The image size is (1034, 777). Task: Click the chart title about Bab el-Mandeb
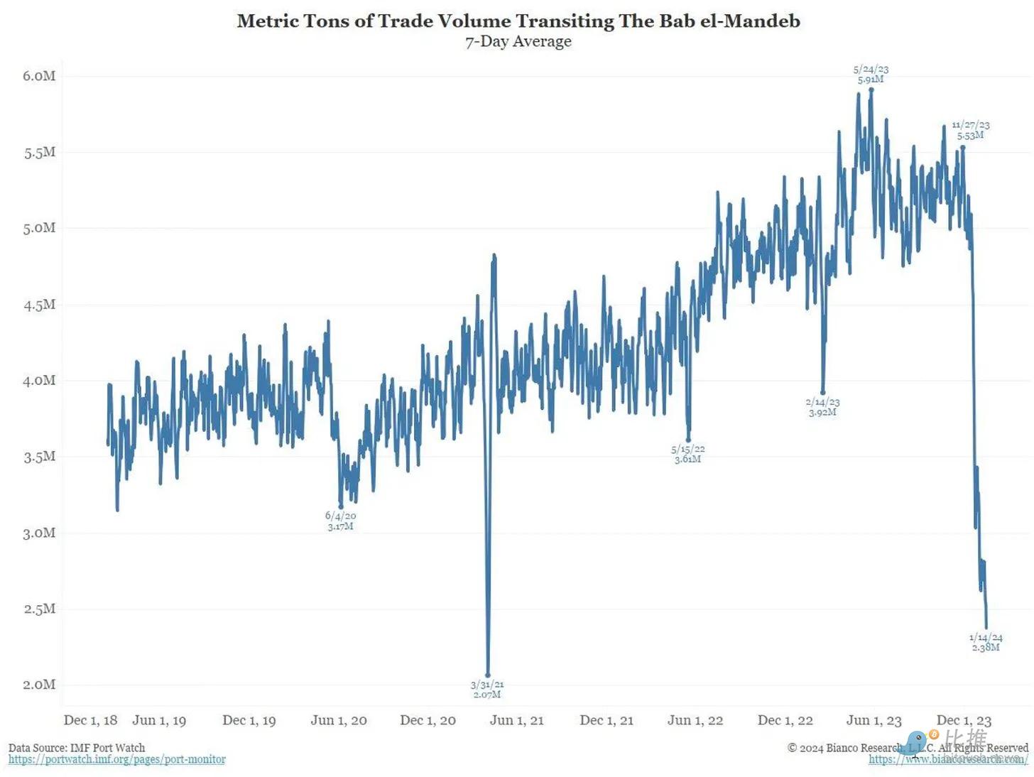tap(518, 21)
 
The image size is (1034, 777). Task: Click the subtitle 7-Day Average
tap(518, 41)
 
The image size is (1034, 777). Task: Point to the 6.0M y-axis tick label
tap(39, 76)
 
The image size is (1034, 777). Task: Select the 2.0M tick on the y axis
tap(39, 685)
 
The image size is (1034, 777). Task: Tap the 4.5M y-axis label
tap(39, 305)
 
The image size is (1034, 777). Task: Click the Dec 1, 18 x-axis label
tap(90, 720)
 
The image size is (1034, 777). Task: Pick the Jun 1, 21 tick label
tap(516, 720)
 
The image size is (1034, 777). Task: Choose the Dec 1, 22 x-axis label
tap(785, 720)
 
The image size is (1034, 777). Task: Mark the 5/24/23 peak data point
tap(871, 89)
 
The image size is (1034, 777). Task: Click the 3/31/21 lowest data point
tap(488, 675)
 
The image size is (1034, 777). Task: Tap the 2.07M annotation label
tap(487, 695)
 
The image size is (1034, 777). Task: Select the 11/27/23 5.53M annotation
tap(971, 130)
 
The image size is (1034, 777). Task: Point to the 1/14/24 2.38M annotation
tap(986, 643)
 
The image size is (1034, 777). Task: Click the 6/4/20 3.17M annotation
tap(341, 521)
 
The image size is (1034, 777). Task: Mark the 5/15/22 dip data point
tap(688, 440)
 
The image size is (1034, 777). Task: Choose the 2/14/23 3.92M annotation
tap(823, 407)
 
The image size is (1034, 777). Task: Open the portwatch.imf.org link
tap(117, 759)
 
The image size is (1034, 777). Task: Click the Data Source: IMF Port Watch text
tap(77, 747)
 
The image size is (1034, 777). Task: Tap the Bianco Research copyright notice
tap(908, 747)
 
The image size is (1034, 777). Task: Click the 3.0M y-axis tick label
tap(39, 533)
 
